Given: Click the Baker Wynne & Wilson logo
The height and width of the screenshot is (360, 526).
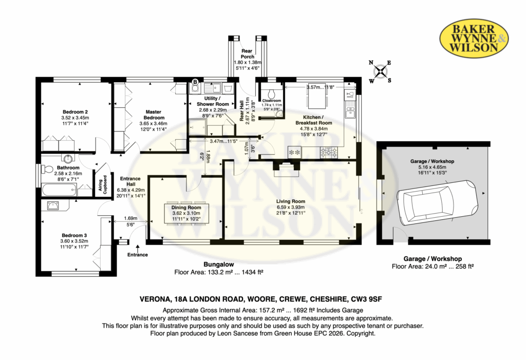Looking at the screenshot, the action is coord(474,38).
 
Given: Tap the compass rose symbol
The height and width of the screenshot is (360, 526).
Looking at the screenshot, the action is coord(380,71).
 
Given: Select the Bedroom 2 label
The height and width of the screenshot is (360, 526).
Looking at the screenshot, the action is coord(75,112).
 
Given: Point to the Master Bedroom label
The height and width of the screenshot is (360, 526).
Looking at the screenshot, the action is coord(154,115).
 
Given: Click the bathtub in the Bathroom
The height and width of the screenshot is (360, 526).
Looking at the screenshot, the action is coord(59,190).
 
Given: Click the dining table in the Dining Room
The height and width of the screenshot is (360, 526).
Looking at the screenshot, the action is coord(186,213).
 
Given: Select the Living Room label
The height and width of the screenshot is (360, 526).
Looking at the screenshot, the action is coord(291,201).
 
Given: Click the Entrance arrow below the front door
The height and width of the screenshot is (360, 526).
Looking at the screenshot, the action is coord(138,248).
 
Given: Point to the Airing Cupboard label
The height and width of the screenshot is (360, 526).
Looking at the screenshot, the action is coord(102,184).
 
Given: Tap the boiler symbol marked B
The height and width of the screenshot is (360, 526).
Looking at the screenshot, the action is coord(195,82).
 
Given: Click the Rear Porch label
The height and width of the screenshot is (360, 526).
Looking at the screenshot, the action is coord(247,54).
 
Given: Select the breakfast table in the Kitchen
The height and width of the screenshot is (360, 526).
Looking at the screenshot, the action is coord(316,99).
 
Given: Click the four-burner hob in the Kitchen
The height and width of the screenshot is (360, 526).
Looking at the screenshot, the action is coord(329,153).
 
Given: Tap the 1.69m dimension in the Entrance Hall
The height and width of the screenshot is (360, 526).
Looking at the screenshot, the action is coord(130,218).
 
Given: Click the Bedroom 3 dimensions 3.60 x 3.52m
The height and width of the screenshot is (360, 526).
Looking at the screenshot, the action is coord(74,241).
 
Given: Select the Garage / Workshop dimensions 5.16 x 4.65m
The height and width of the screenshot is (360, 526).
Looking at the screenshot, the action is coord(432,167).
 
